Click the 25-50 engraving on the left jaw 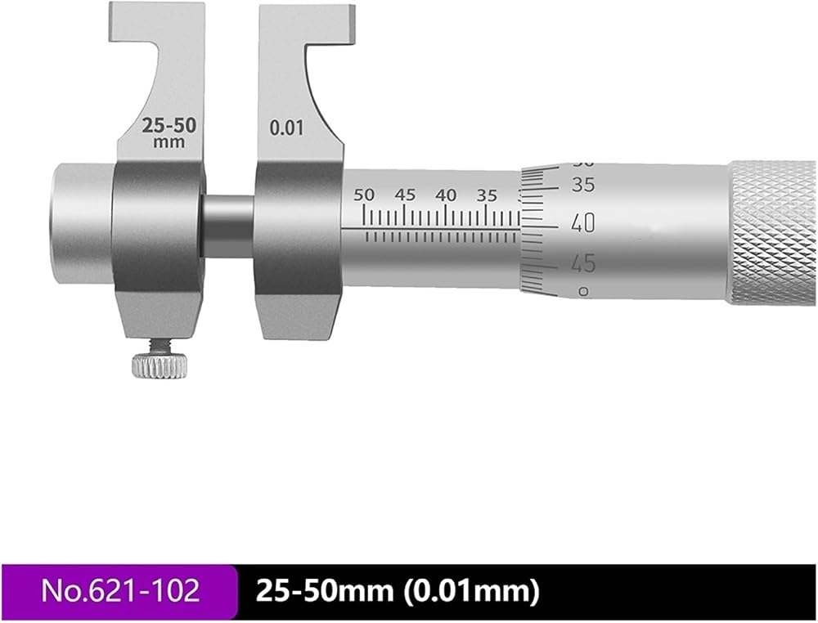(x=169, y=126)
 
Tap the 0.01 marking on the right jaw (x=285, y=128)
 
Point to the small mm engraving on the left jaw (x=169, y=141)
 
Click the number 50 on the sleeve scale (x=364, y=195)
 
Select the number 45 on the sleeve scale (x=405, y=195)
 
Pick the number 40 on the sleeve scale (x=446, y=195)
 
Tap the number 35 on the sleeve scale (x=486, y=195)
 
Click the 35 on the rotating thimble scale (x=582, y=185)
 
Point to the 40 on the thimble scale (x=582, y=224)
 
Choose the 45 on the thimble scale (x=583, y=264)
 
